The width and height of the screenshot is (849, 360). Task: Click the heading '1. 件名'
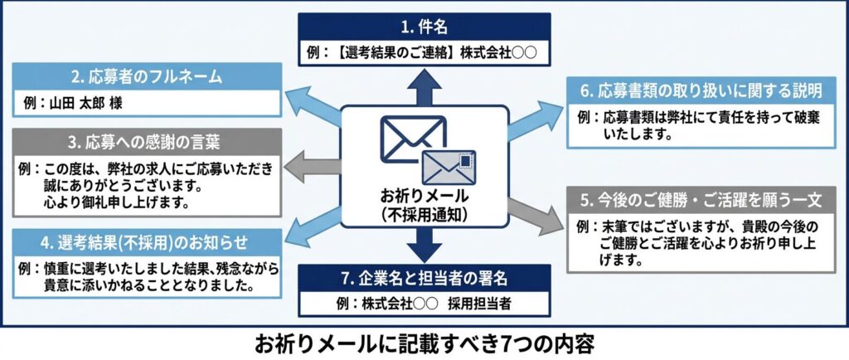[424, 25]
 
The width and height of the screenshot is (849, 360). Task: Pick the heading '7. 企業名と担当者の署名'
[424, 277]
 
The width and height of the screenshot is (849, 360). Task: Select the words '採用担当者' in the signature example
[483, 304]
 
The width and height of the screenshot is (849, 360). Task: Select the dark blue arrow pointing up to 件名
[424, 87]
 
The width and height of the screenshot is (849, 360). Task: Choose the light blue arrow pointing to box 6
[534, 118]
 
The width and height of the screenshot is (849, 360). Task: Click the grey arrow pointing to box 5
[534, 214]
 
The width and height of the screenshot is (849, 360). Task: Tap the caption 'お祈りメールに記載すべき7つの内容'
[424, 343]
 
